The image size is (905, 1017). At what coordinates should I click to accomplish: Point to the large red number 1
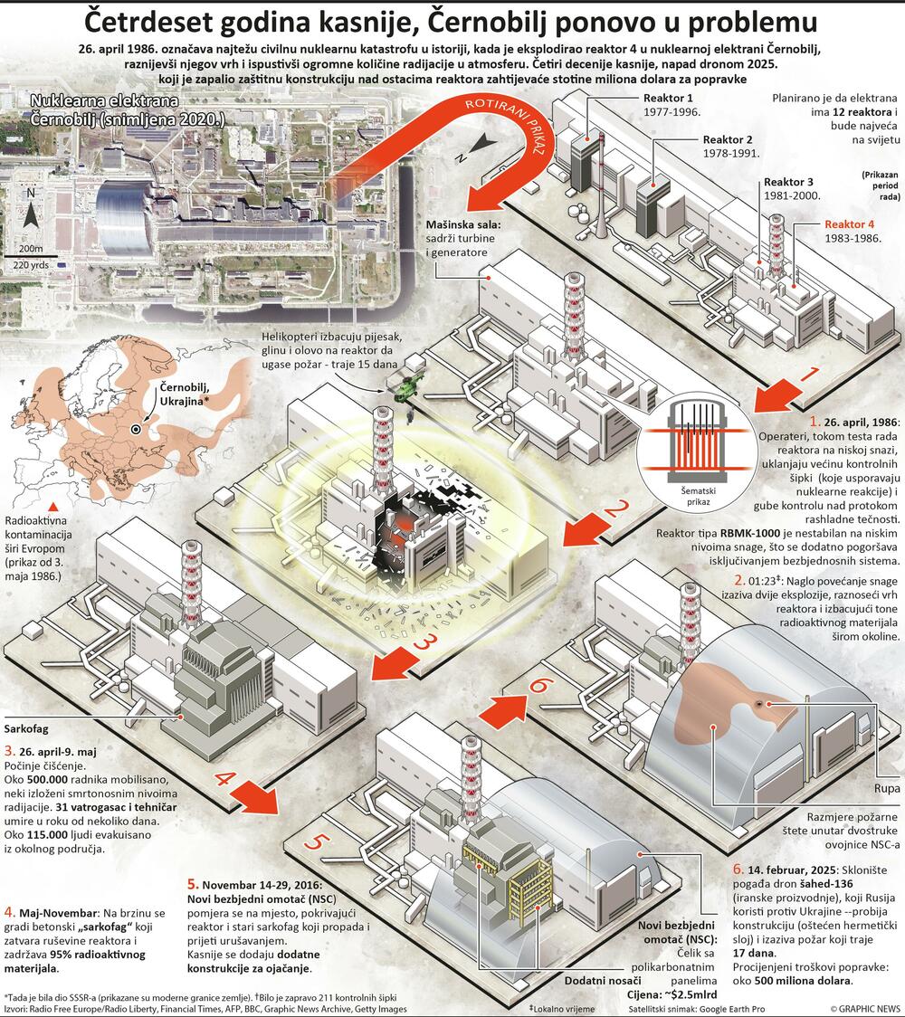809,373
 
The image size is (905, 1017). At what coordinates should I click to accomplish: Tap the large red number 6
538,685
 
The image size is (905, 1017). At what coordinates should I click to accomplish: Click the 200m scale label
30,248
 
